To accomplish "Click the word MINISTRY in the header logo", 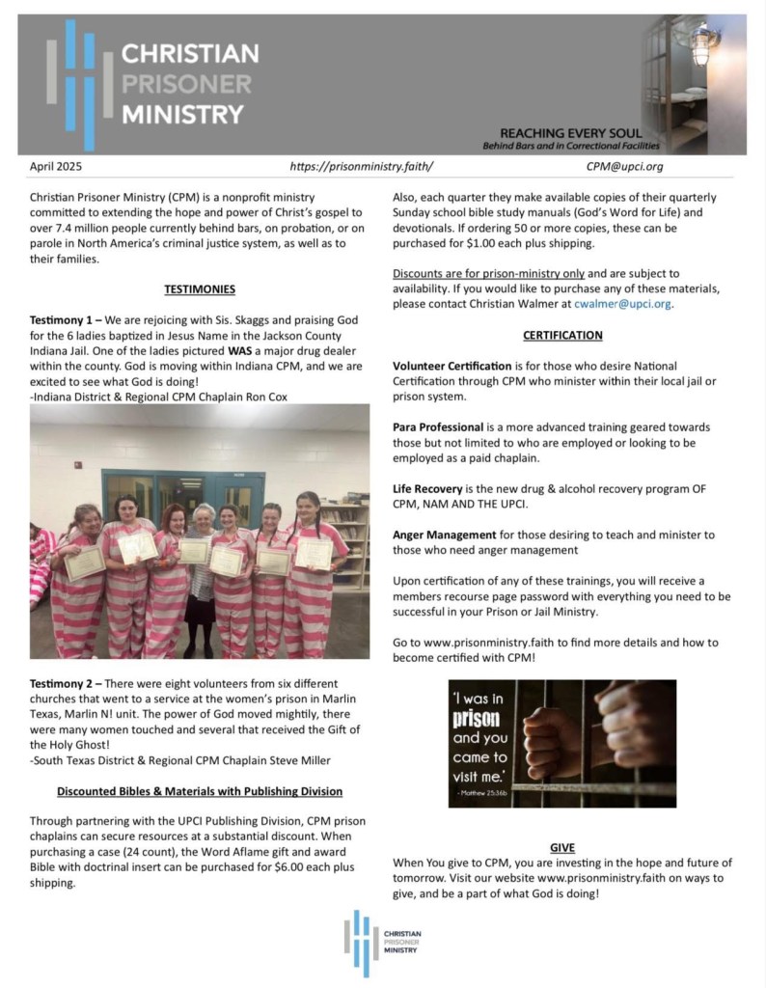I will pyautogui.click(x=182, y=114).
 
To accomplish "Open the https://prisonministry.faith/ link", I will pyautogui.click(x=362, y=167).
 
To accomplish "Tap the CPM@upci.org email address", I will pyautogui.click(x=624, y=167).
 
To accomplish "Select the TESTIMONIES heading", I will pyautogui.click(x=200, y=288).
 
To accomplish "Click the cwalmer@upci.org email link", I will pyautogui.click(x=622, y=304).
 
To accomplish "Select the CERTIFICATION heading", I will pyautogui.click(x=562, y=335).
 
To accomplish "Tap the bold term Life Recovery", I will pyautogui.click(x=427, y=489).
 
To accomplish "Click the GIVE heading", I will pyautogui.click(x=562, y=848).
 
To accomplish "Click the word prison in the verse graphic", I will pyautogui.click(x=476, y=721).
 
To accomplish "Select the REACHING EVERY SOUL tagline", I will pyautogui.click(x=571, y=133).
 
